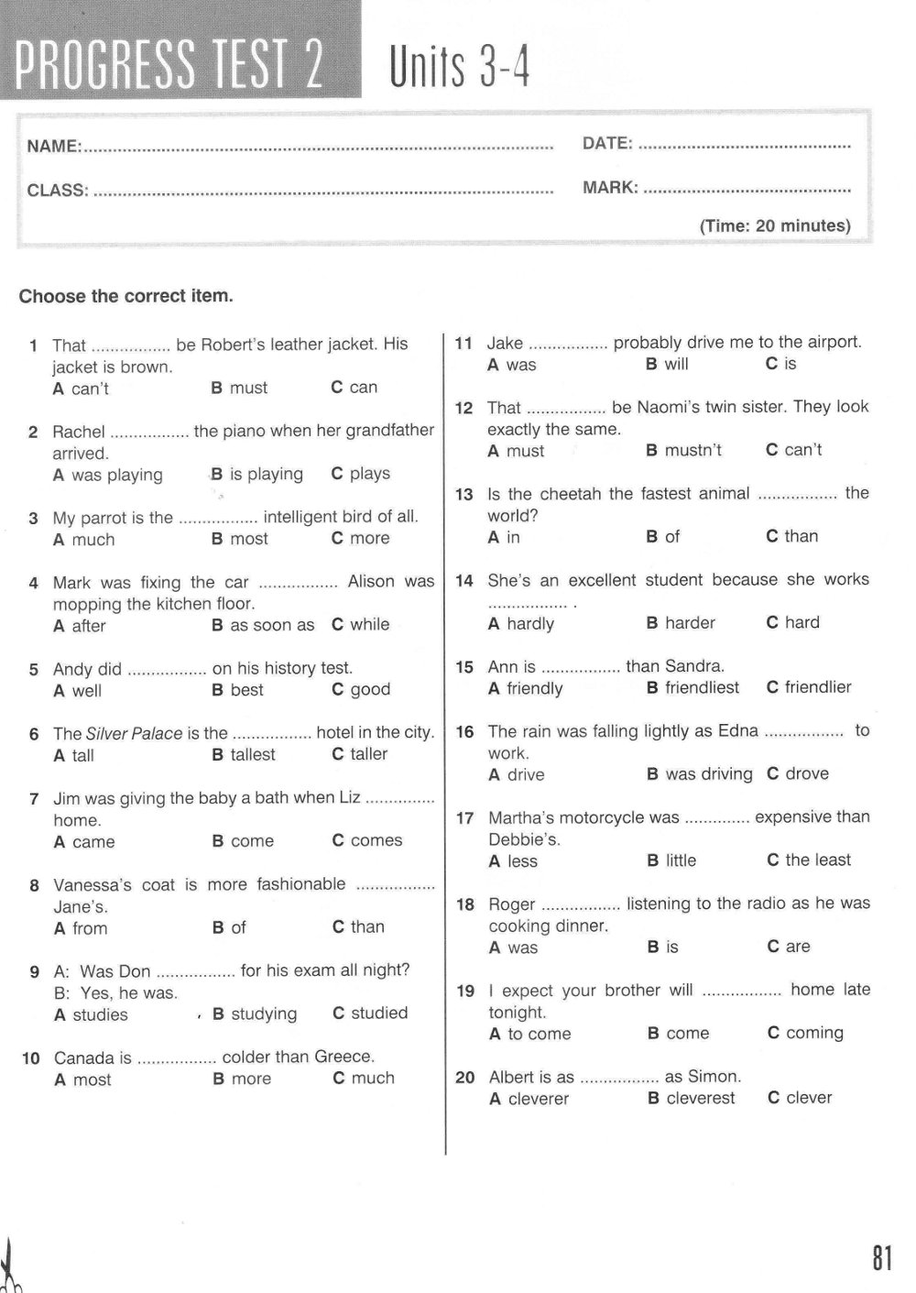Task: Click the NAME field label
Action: (x=54, y=146)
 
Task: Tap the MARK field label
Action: (x=610, y=188)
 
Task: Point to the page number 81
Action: (x=881, y=1258)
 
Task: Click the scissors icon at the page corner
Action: (x=11, y=1269)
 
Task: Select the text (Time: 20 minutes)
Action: (x=775, y=225)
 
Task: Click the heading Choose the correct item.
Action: (x=126, y=296)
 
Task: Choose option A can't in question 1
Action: (x=81, y=389)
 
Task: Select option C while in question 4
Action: (x=361, y=624)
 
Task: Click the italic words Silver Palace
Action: (x=135, y=733)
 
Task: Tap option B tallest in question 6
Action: (x=244, y=754)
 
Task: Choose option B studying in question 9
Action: (x=255, y=1014)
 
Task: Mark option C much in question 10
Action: (x=364, y=1079)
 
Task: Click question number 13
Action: (x=464, y=495)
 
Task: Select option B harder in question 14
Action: (x=681, y=623)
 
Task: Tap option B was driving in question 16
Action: (x=700, y=774)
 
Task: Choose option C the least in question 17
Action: (x=809, y=860)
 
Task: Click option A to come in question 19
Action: (x=530, y=1034)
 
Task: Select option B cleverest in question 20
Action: (x=692, y=1098)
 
